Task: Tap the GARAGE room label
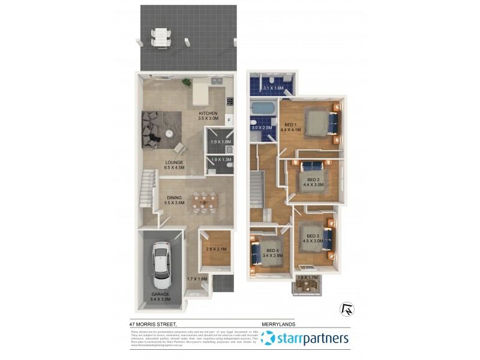(161, 294)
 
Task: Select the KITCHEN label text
(208, 113)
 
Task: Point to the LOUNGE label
(174, 162)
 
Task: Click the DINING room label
(175, 197)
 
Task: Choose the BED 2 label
(313, 179)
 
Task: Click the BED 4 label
(272, 250)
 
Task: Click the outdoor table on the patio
(160, 37)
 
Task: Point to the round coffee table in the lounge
(170, 133)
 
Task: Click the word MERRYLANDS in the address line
(278, 323)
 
